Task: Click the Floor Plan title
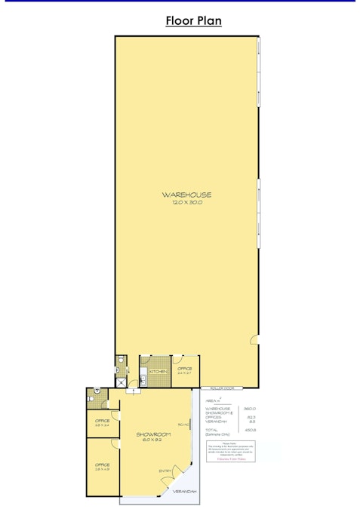pos(193,21)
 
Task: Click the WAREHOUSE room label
pos(186,195)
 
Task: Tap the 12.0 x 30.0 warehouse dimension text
pos(186,202)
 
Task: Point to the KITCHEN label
pos(158,372)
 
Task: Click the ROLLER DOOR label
pos(223,388)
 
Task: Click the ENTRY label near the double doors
pos(165,471)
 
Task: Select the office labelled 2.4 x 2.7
pos(185,370)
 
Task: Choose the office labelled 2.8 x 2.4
pos(103,422)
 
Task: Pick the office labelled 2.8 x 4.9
pos(103,467)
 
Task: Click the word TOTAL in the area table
pos(212,430)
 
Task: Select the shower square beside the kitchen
pos(122,381)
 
